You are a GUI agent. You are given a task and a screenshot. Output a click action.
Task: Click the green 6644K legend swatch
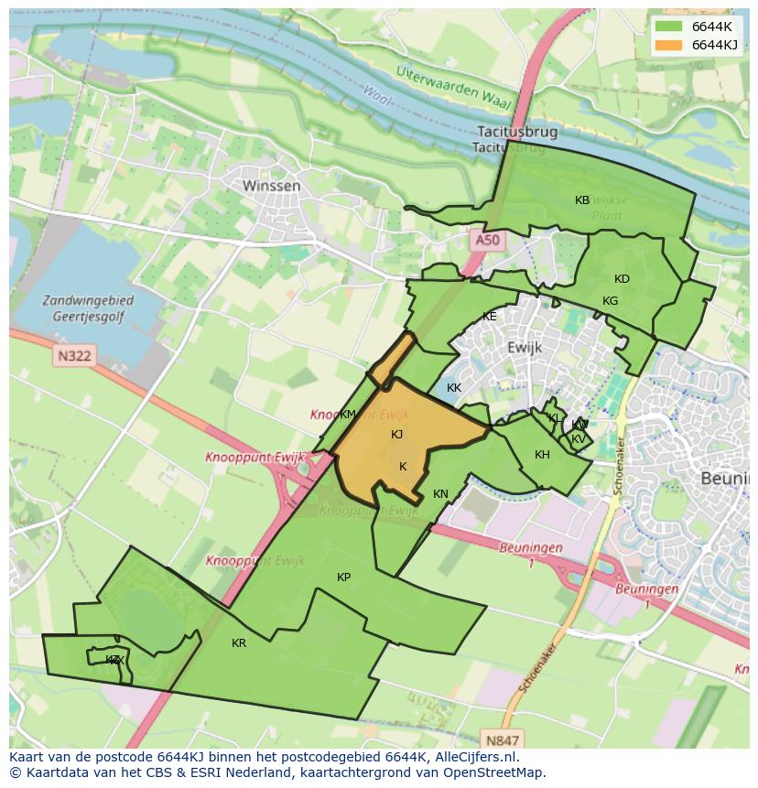(x=668, y=26)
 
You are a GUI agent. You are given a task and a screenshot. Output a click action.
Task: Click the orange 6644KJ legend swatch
(x=668, y=45)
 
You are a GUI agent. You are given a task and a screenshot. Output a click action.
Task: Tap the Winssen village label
(x=271, y=186)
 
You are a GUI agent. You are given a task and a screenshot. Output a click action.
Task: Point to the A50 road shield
(x=487, y=241)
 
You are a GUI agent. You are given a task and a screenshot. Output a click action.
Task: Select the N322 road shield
(x=72, y=355)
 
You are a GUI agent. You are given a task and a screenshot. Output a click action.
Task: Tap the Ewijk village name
(x=525, y=348)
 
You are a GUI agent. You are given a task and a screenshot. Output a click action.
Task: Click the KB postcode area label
(x=582, y=200)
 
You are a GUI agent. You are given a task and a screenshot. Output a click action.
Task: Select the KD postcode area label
(x=622, y=279)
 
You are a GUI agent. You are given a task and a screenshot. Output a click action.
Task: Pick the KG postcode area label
(x=610, y=301)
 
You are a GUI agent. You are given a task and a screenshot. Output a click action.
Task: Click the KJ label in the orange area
(x=396, y=435)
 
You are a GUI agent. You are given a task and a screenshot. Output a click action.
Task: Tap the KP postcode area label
(x=343, y=578)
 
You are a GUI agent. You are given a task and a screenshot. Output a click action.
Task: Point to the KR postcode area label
(x=239, y=643)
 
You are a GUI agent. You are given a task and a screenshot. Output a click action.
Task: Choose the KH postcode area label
(x=542, y=455)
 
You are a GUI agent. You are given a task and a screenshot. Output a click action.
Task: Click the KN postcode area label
(x=440, y=494)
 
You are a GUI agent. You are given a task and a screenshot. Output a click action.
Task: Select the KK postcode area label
(x=453, y=388)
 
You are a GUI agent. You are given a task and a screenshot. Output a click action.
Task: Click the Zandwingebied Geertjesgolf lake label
(x=88, y=308)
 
